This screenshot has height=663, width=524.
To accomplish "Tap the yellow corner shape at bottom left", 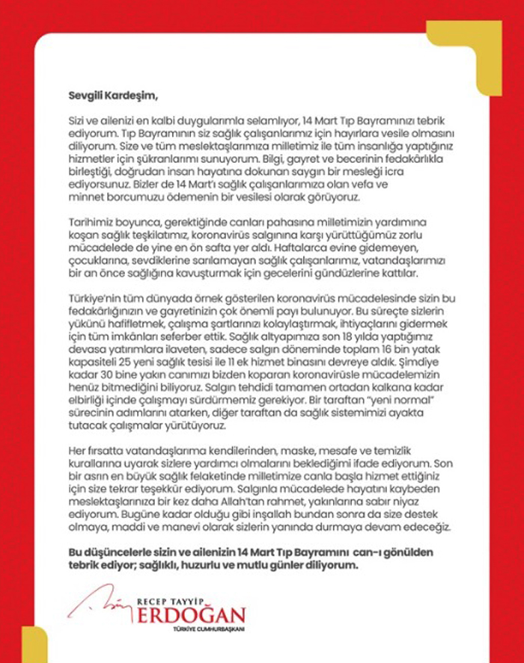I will coord(34,643).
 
